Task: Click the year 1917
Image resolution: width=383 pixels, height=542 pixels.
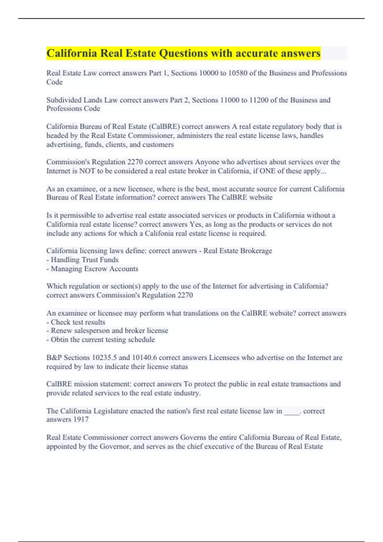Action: click(x=81, y=420)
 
